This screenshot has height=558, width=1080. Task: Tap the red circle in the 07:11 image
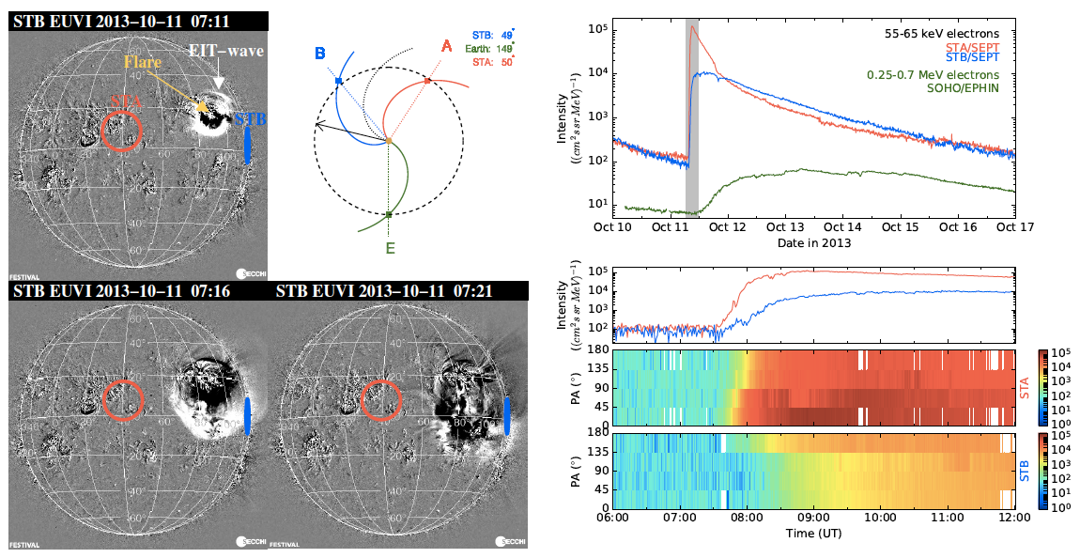(122, 131)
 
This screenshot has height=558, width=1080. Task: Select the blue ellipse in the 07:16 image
(247, 415)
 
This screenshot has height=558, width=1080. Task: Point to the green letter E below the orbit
(389, 249)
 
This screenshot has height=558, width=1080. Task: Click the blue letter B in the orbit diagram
(320, 53)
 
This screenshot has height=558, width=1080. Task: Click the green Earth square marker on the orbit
(389, 214)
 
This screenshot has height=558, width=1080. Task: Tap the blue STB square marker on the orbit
(338, 82)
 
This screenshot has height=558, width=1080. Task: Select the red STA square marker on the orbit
(427, 81)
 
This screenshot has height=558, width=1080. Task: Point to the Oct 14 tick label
(841, 226)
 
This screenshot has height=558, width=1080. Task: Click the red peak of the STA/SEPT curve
(692, 26)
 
